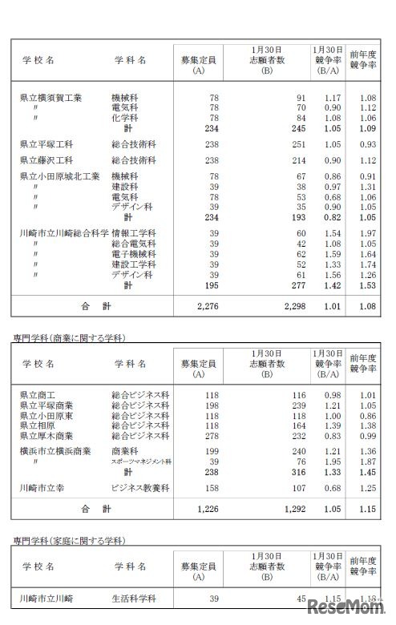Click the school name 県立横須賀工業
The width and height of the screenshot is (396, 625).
(x=51, y=98)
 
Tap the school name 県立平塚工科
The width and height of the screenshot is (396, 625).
(x=46, y=144)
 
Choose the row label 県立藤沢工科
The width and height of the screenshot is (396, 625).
(x=46, y=160)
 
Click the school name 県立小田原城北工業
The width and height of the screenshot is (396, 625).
(x=59, y=176)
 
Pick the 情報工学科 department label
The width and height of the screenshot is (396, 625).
(x=134, y=233)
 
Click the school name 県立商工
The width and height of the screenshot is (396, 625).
(x=38, y=395)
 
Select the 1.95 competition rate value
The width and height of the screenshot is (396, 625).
(x=331, y=462)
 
